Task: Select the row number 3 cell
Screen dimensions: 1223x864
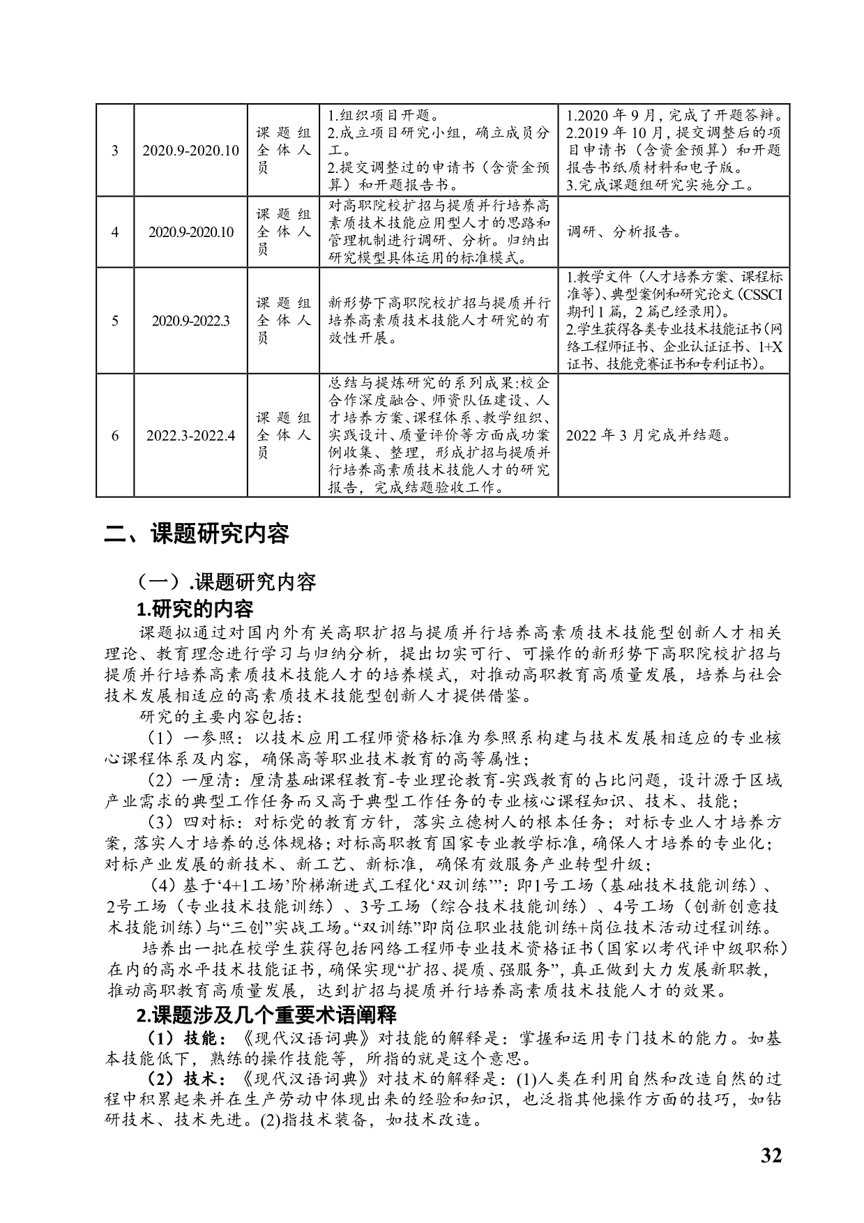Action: click(115, 151)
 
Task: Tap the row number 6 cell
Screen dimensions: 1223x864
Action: click(115, 436)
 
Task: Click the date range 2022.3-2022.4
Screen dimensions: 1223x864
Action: click(190, 436)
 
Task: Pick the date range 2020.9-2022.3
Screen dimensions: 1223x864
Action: click(190, 321)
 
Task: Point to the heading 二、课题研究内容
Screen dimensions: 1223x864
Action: click(197, 534)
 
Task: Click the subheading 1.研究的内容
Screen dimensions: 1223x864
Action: click(195, 609)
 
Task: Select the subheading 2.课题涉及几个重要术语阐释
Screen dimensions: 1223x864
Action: click(266, 1014)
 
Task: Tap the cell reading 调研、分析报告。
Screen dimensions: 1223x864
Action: click(624, 233)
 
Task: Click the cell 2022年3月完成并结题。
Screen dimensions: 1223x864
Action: click(649, 436)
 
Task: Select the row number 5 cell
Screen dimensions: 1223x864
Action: click(115, 321)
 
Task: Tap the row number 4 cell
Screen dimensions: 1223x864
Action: click(115, 233)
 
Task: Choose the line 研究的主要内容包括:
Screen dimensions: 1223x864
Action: click(221, 716)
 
